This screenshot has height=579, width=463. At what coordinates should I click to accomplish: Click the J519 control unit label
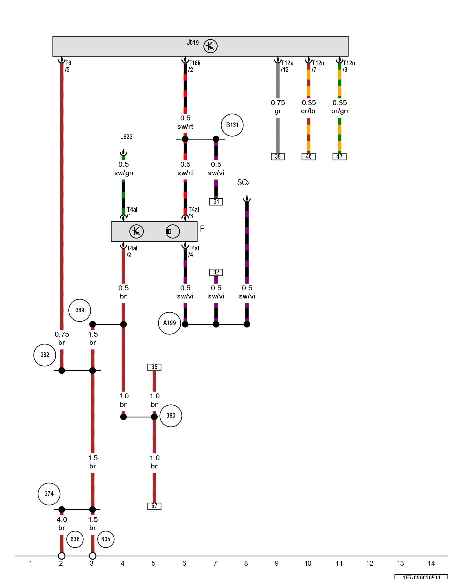coord(193,43)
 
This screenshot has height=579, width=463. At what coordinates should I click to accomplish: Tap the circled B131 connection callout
coord(232,125)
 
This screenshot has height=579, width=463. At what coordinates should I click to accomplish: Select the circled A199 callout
coord(169,323)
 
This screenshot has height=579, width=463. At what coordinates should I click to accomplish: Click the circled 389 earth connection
coord(80,310)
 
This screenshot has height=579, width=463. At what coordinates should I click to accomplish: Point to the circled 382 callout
coord(45,355)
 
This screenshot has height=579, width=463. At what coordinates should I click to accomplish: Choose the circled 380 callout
coord(171,416)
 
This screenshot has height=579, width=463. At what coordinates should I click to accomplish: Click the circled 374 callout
coord(49,494)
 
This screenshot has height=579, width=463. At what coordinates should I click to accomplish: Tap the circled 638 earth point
coord(75,539)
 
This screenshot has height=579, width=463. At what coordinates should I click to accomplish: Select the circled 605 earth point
coord(106,539)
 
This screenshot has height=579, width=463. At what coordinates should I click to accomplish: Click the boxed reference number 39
coord(278,157)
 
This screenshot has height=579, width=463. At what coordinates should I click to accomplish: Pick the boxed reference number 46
coord(308,157)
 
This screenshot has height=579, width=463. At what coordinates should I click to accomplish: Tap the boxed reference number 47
coord(339,157)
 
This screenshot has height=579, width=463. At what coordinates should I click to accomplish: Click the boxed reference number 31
coord(216,202)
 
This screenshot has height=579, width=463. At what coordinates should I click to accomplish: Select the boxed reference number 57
coord(154,506)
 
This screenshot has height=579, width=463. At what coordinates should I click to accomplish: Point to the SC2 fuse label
coord(243,183)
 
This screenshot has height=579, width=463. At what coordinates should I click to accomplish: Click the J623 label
coord(126,136)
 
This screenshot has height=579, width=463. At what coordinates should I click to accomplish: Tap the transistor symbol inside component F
coord(136,232)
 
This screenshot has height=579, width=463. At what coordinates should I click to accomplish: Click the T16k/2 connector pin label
coord(194,66)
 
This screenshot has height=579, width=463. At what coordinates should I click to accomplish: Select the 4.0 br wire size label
coord(62,523)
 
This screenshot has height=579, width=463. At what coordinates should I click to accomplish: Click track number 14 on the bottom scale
coord(431,563)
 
